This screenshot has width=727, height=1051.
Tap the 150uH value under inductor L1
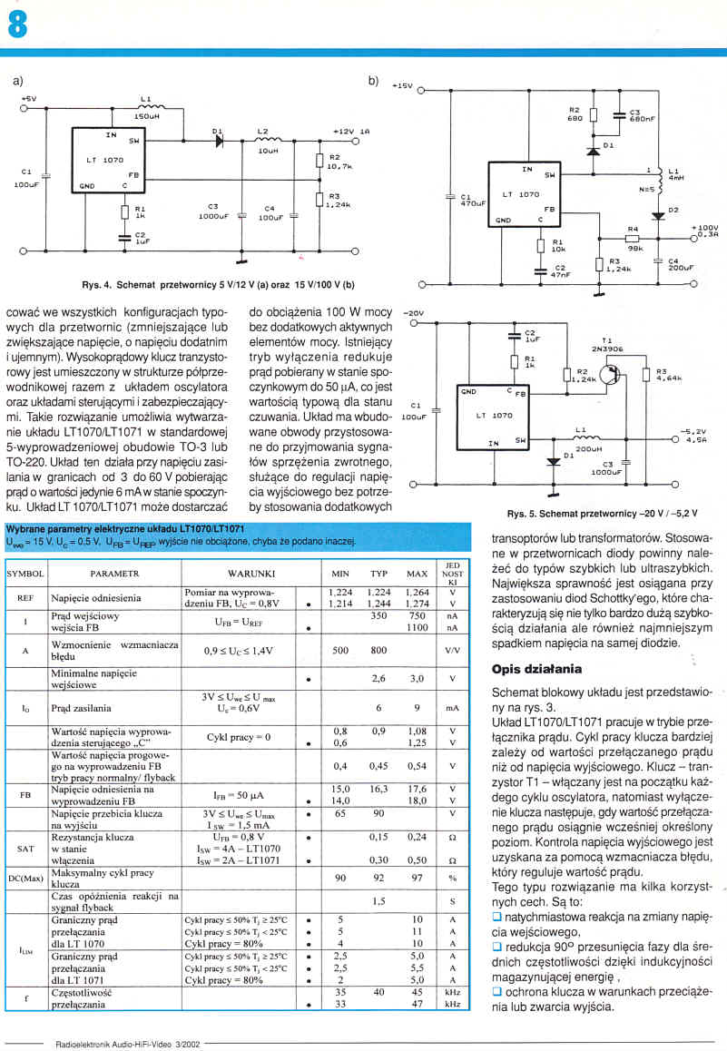click(x=147, y=116)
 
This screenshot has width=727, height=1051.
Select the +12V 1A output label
click(x=351, y=132)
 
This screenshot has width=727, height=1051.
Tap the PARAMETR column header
click(x=114, y=574)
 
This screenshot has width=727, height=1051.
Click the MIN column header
click(x=340, y=574)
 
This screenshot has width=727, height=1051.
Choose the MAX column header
click(x=417, y=574)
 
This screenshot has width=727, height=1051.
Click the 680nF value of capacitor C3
click(x=641, y=119)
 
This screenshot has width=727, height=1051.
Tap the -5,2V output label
click(x=695, y=431)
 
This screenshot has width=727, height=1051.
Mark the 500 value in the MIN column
click(x=340, y=650)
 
